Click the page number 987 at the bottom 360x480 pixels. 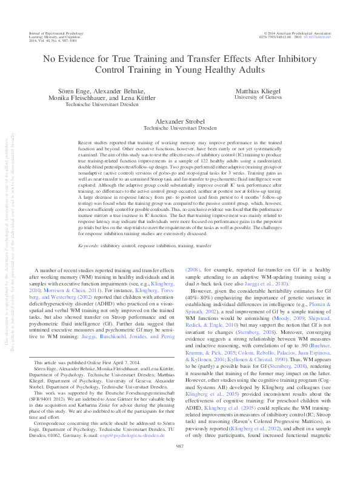[180, 464]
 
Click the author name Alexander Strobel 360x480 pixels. [180, 121]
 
